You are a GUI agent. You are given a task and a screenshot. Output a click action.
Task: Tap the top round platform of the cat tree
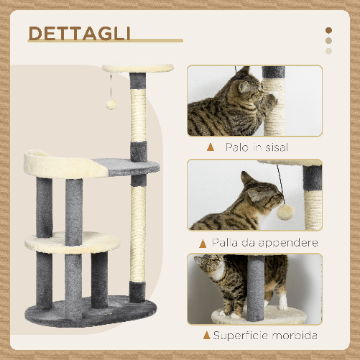click(x=138, y=68)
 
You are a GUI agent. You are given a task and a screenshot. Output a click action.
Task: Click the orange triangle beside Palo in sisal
click(x=210, y=147)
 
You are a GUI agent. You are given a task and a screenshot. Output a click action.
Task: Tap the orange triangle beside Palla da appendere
click(x=203, y=242)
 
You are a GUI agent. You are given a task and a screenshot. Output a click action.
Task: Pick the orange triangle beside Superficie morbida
click(x=207, y=336)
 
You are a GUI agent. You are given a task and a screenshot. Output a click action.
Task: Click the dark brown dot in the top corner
click(x=329, y=31)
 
